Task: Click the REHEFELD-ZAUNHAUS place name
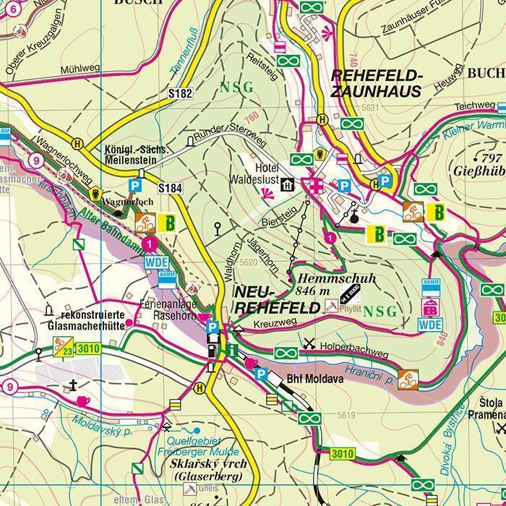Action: pyautogui.click(x=376, y=84)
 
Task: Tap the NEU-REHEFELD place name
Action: pyautogui.click(x=276, y=299)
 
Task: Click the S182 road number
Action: pyautogui.click(x=180, y=93)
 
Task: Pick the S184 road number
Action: pyautogui.click(x=170, y=189)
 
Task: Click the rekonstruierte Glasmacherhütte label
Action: pyautogui.click(x=95, y=321)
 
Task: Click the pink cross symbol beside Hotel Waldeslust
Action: pyautogui.click(x=314, y=185)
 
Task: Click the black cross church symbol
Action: pyautogui.click(x=73, y=384)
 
